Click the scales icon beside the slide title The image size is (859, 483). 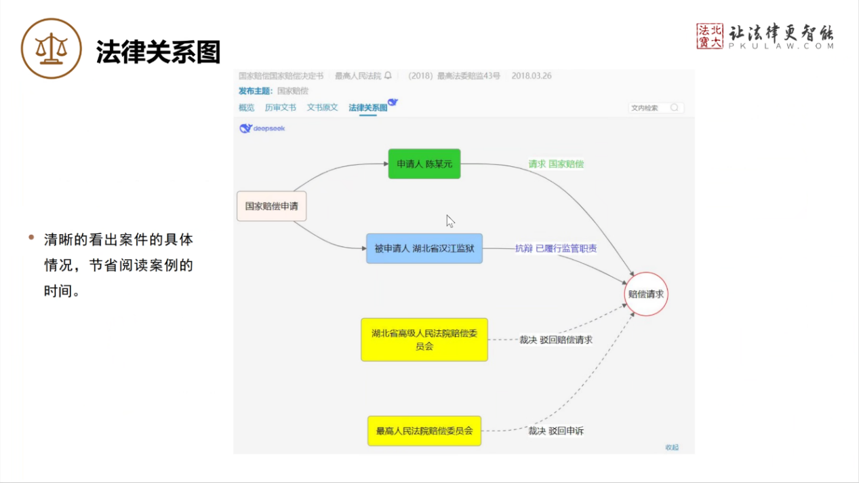tap(52, 49)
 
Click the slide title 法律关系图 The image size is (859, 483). tap(158, 52)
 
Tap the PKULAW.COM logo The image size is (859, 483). tap(765, 37)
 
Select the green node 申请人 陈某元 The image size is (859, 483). tap(424, 164)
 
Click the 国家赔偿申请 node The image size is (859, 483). tap(271, 206)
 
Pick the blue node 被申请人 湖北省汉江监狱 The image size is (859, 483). tap(424, 248)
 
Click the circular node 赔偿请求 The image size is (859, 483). tap(647, 294)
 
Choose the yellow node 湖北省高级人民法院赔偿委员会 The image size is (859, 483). tap(424, 339)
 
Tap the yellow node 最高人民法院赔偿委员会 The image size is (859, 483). tap(424, 431)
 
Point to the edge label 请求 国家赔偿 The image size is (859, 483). tap(556, 164)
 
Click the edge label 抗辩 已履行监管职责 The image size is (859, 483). tap(556, 249)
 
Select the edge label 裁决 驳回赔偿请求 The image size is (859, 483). tap(556, 340)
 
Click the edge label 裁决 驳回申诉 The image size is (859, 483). tap(556, 431)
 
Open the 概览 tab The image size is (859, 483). tap(247, 108)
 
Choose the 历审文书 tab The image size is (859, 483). tap(281, 108)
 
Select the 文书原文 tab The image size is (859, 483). tap(322, 108)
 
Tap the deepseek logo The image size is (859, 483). tap(262, 128)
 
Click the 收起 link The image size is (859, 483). tap(671, 447)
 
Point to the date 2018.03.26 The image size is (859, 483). tap(532, 76)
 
